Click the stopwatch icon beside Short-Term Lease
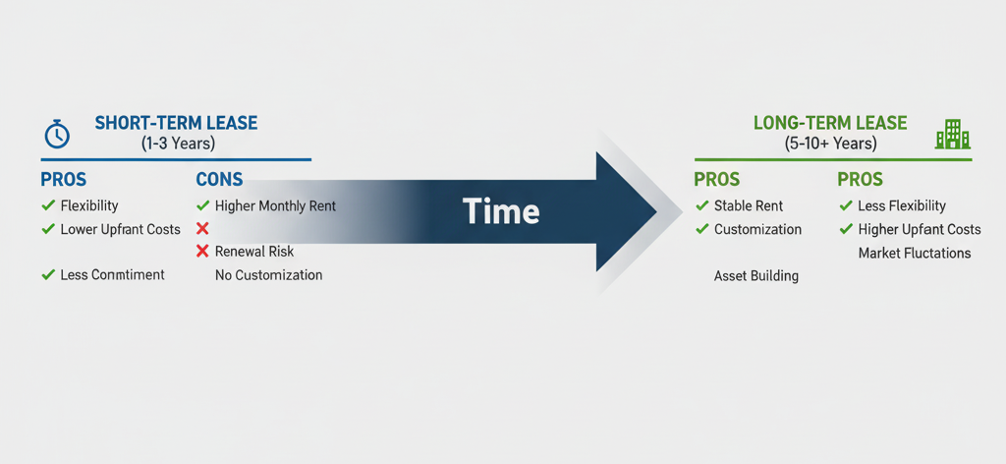point(56,134)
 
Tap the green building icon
point(953,134)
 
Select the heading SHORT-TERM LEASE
point(176,123)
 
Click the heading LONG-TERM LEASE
point(830,123)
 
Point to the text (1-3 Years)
point(179,144)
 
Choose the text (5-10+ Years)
point(830,144)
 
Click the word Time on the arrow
point(500,210)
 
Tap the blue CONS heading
point(219,179)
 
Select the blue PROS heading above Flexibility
point(64,179)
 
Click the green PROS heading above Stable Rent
point(717,179)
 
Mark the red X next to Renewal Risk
point(202,252)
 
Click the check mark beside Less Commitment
point(47,274)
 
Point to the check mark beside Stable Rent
point(701,206)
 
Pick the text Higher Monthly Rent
point(275,206)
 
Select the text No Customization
point(269,275)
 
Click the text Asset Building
point(756,276)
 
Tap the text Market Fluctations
point(915,253)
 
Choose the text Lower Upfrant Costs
point(121,229)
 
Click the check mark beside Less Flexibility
point(846,206)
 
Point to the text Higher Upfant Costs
point(920,229)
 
